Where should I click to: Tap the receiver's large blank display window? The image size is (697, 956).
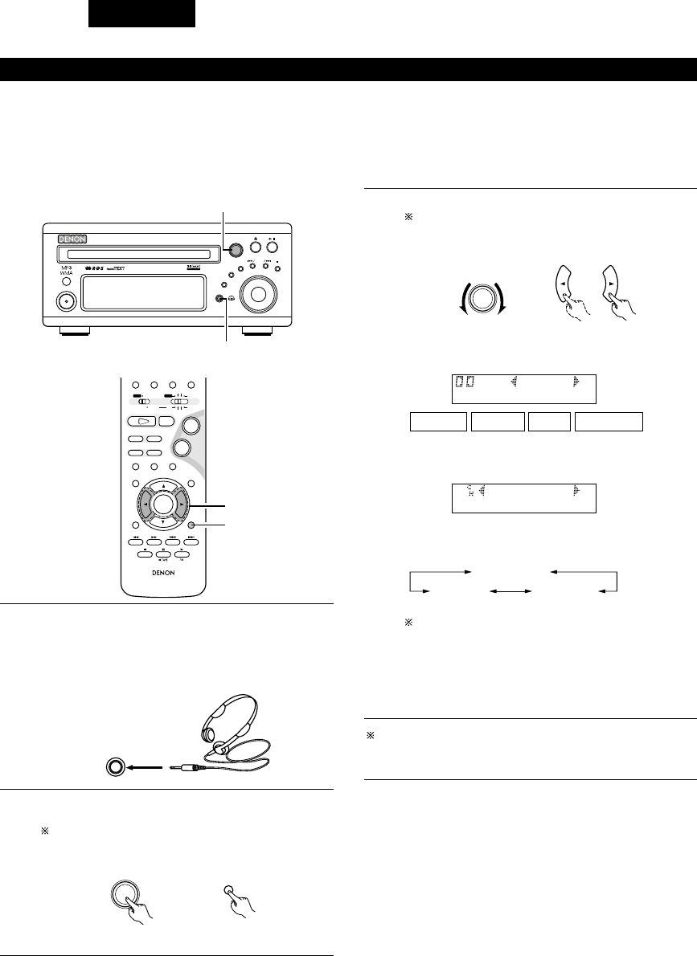point(141,295)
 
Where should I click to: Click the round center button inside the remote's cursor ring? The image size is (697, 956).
point(162,504)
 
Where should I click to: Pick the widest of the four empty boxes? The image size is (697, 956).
point(609,421)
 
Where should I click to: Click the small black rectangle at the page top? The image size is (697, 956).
point(141,14)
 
